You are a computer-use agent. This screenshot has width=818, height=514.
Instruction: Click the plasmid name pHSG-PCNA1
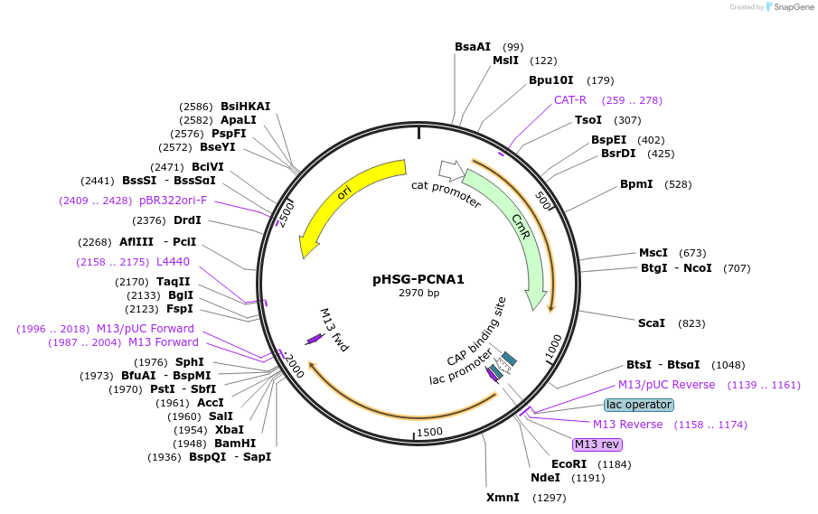click(418, 279)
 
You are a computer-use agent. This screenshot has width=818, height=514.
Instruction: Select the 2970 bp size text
click(418, 293)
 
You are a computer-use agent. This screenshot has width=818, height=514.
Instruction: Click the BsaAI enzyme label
click(473, 47)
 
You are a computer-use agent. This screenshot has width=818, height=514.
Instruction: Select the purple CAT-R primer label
click(570, 100)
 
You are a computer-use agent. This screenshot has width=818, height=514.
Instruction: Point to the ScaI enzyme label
click(652, 322)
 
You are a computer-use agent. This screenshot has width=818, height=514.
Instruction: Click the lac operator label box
click(639, 405)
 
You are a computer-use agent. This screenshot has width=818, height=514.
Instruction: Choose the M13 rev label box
click(597, 444)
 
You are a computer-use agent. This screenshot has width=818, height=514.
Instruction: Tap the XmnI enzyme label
click(503, 498)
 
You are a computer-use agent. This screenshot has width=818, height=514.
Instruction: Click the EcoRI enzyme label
click(569, 464)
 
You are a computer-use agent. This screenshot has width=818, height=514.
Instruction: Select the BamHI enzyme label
click(235, 444)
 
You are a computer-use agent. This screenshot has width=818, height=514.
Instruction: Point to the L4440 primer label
click(174, 262)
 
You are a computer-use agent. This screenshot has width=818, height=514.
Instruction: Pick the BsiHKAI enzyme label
click(246, 107)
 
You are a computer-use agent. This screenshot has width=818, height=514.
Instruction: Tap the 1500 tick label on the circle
click(430, 431)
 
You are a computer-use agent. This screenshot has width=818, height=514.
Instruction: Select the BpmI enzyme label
click(636, 184)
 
